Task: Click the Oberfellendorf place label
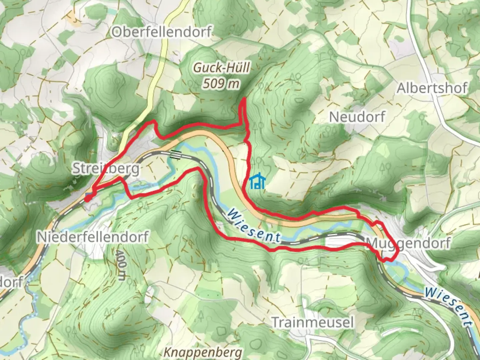point(161,32)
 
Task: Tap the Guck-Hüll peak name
point(221,68)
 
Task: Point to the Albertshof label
point(432,88)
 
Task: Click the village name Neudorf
point(357,117)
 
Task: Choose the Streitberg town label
point(106,169)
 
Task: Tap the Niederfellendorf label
point(93,237)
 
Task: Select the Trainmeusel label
point(312,322)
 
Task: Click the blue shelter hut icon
point(257,182)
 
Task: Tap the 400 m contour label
point(121,265)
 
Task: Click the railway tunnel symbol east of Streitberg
point(176,155)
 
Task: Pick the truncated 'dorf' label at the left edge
point(11,282)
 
